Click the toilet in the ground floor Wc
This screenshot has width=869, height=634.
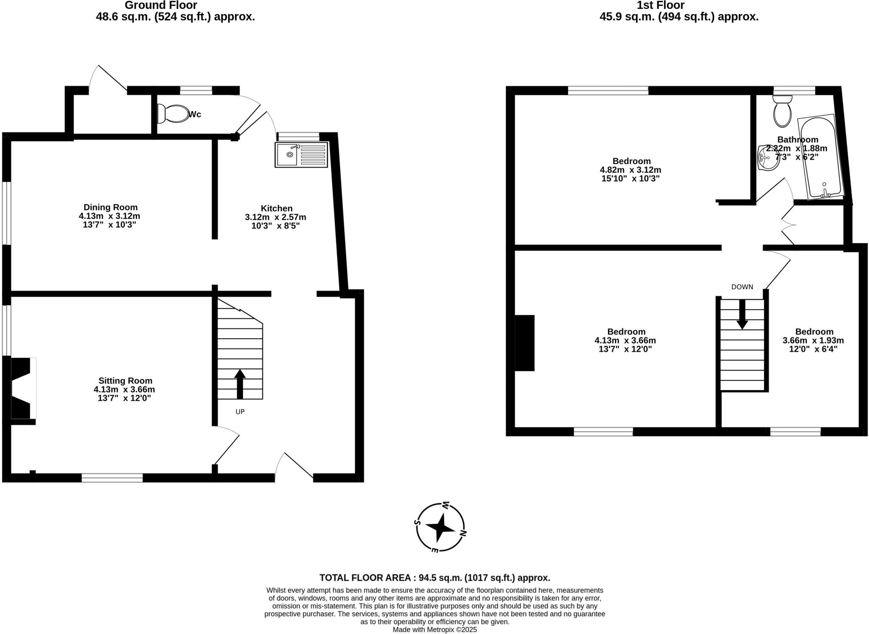click(173, 114)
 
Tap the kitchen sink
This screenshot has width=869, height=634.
click(302, 155)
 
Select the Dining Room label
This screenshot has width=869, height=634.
click(110, 207)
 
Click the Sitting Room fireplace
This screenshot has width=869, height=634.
click(22, 388)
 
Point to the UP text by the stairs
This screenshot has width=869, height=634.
click(240, 411)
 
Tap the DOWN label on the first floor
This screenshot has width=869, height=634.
click(742, 287)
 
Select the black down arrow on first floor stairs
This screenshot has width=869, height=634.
click(742, 314)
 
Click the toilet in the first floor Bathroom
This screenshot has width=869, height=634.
click(782, 111)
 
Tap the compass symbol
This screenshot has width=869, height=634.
click(440, 527)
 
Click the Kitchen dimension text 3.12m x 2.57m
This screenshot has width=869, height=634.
click(275, 217)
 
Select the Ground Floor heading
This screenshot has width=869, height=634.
click(161, 6)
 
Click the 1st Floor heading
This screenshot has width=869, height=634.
click(660, 6)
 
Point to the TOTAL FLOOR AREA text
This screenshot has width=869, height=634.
click(434, 578)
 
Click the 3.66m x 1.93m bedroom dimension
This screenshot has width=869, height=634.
click(813, 340)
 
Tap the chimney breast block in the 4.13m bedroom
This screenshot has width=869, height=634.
click(525, 343)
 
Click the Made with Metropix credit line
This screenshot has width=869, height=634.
click(434, 630)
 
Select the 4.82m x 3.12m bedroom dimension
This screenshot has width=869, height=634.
click(630, 170)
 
